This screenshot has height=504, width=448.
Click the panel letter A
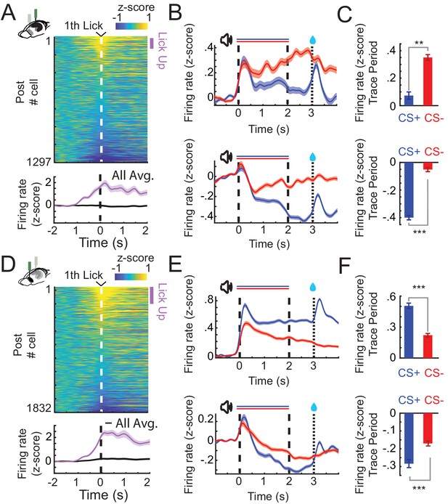click(x=9, y=15)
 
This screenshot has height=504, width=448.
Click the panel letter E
click(x=176, y=266)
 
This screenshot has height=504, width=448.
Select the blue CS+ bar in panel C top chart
click(x=409, y=100)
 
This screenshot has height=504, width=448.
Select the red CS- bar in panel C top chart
click(x=428, y=81)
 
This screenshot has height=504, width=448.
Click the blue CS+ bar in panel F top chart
click(x=409, y=331)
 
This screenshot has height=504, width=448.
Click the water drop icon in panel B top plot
click(x=312, y=39)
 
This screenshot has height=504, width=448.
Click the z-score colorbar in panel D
click(x=131, y=277)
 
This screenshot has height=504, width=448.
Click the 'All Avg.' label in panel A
click(x=133, y=176)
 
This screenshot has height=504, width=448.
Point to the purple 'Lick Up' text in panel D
click(x=162, y=302)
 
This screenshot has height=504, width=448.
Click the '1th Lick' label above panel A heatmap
click(x=84, y=25)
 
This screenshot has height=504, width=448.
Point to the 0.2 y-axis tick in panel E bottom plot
click(x=206, y=420)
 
